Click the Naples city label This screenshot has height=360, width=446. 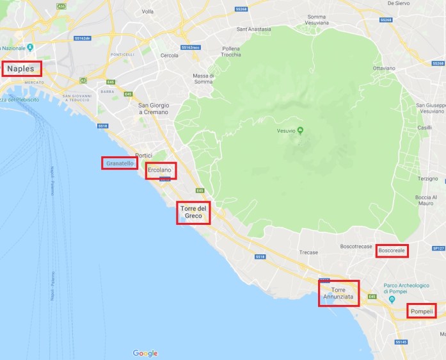22,68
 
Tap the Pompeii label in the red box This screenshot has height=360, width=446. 422,311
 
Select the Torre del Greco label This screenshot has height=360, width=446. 193,213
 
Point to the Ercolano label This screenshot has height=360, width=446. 160,170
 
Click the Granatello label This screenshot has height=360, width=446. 120,163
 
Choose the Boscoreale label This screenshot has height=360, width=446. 392,251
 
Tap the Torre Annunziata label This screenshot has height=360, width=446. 338,293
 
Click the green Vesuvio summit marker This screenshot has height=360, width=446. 300,131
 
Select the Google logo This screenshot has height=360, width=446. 145,353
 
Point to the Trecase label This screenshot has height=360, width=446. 308,252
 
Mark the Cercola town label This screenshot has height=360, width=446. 169,55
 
